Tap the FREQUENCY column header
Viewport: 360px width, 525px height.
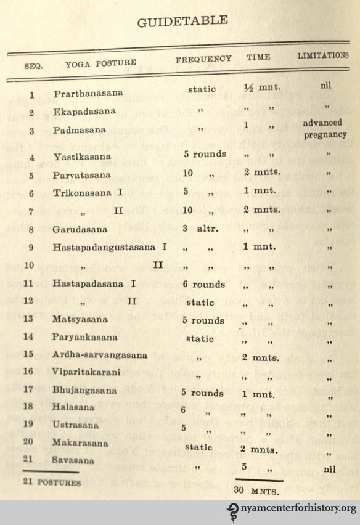[203, 60]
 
